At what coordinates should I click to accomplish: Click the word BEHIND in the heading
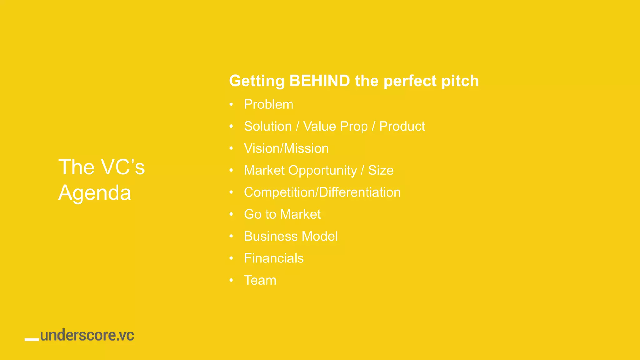319,81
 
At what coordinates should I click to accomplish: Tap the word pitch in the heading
460,81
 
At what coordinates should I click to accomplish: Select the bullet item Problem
268,104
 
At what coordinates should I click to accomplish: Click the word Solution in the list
268,127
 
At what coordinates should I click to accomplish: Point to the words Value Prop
335,127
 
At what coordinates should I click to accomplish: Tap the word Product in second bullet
402,127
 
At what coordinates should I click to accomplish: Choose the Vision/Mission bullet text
286,148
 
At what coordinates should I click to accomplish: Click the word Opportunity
322,171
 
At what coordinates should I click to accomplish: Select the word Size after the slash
381,170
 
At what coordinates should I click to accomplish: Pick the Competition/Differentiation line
322,192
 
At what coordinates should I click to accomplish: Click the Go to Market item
282,214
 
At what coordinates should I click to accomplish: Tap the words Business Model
291,236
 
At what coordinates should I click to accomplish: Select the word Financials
274,258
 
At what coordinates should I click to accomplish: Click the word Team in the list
260,280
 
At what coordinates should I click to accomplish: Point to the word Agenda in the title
95,193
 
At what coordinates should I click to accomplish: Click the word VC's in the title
123,167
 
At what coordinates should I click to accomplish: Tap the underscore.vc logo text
87,335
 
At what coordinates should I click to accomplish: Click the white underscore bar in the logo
32,339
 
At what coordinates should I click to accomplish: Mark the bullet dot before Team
231,280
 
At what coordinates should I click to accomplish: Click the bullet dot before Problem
231,104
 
